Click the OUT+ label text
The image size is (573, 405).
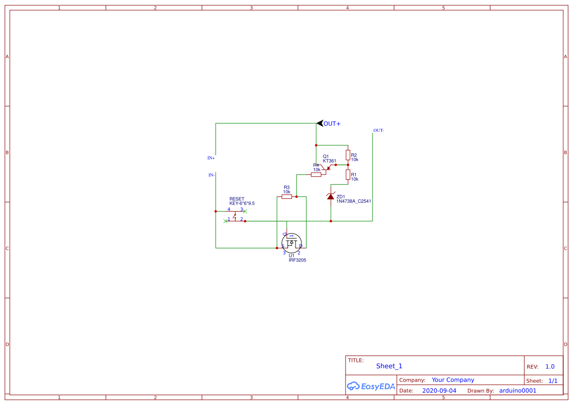point(332,124)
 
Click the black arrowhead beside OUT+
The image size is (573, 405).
point(320,123)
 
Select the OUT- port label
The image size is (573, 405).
point(378,131)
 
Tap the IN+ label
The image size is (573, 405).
point(211,158)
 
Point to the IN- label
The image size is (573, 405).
point(211,175)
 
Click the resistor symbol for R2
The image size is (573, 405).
point(348,155)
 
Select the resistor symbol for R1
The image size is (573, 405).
point(348,175)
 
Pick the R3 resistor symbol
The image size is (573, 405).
point(287,196)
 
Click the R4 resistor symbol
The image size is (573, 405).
point(316,174)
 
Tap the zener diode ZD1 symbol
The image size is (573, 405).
point(330,196)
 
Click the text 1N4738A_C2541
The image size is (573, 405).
point(353,201)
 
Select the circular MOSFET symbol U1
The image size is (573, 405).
point(292,242)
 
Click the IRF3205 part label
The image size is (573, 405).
point(297,260)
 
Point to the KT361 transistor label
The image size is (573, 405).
point(329,161)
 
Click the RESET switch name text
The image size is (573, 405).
point(237,199)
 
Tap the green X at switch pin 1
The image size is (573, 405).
point(225,221)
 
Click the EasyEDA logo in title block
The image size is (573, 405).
point(371,386)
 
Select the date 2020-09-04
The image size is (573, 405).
point(439,391)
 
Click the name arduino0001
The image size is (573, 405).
point(518,391)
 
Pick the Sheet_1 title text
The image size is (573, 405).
point(389,366)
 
